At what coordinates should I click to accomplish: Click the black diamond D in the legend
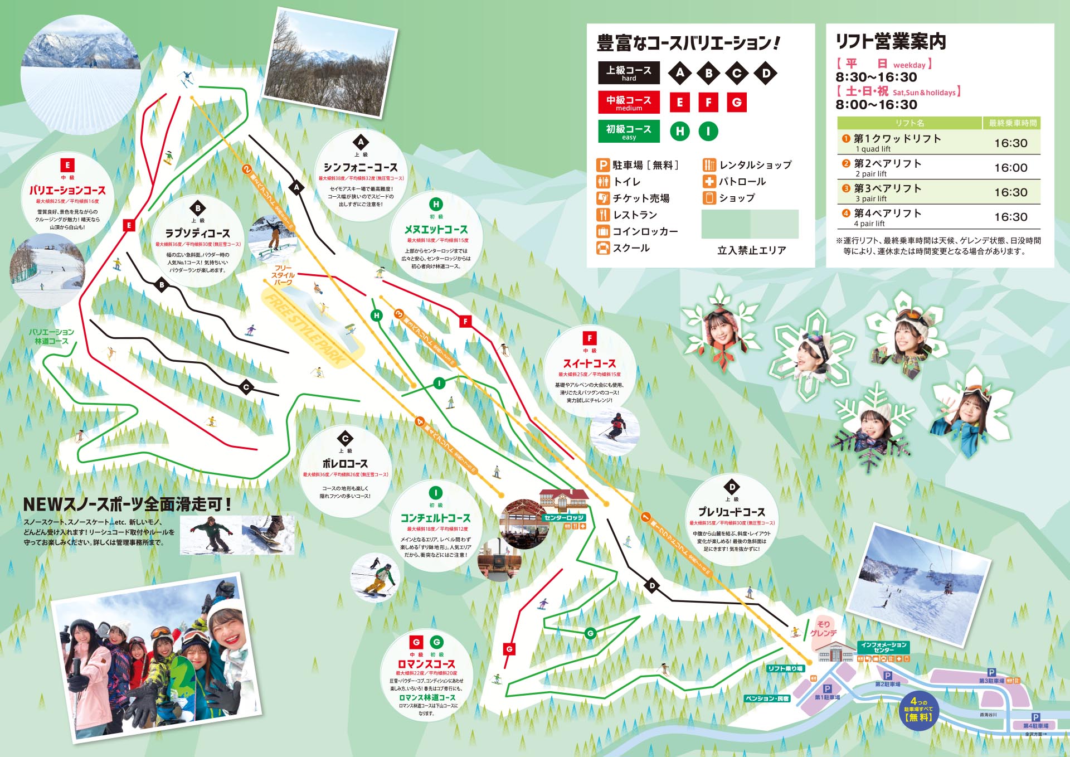pyautogui.click(x=766, y=73)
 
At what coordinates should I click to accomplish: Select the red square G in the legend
pyautogui.click(x=737, y=102)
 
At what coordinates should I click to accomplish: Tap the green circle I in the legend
pyautogui.click(x=708, y=131)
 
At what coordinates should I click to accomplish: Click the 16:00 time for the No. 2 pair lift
pyautogui.click(x=1010, y=168)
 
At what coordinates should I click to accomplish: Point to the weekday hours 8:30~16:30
pyautogui.click(x=876, y=77)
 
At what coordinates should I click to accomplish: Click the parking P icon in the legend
pyautogui.click(x=602, y=165)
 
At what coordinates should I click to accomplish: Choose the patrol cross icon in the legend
pyautogui.click(x=709, y=181)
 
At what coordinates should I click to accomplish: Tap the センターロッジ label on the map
pyautogui.click(x=563, y=518)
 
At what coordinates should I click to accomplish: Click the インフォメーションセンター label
pyautogui.click(x=883, y=647)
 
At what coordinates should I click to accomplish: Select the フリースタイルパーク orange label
pyautogui.click(x=283, y=275)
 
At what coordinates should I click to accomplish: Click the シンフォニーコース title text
pyautogui.click(x=361, y=168)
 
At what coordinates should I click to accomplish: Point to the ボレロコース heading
pyautogui.click(x=345, y=464)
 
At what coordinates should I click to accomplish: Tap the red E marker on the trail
pyautogui.click(x=129, y=225)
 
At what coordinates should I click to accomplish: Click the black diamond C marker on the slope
pyautogui.click(x=246, y=387)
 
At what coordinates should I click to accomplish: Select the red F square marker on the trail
pyautogui.click(x=465, y=321)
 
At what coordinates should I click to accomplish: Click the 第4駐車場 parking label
pyautogui.click(x=1035, y=726)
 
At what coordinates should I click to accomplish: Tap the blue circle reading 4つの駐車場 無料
pyautogui.click(x=918, y=710)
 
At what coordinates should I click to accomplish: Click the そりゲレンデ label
pyautogui.click(x=824, y=628)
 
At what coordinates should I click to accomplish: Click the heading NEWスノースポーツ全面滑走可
pyautogui.click(x=127, y=504)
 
